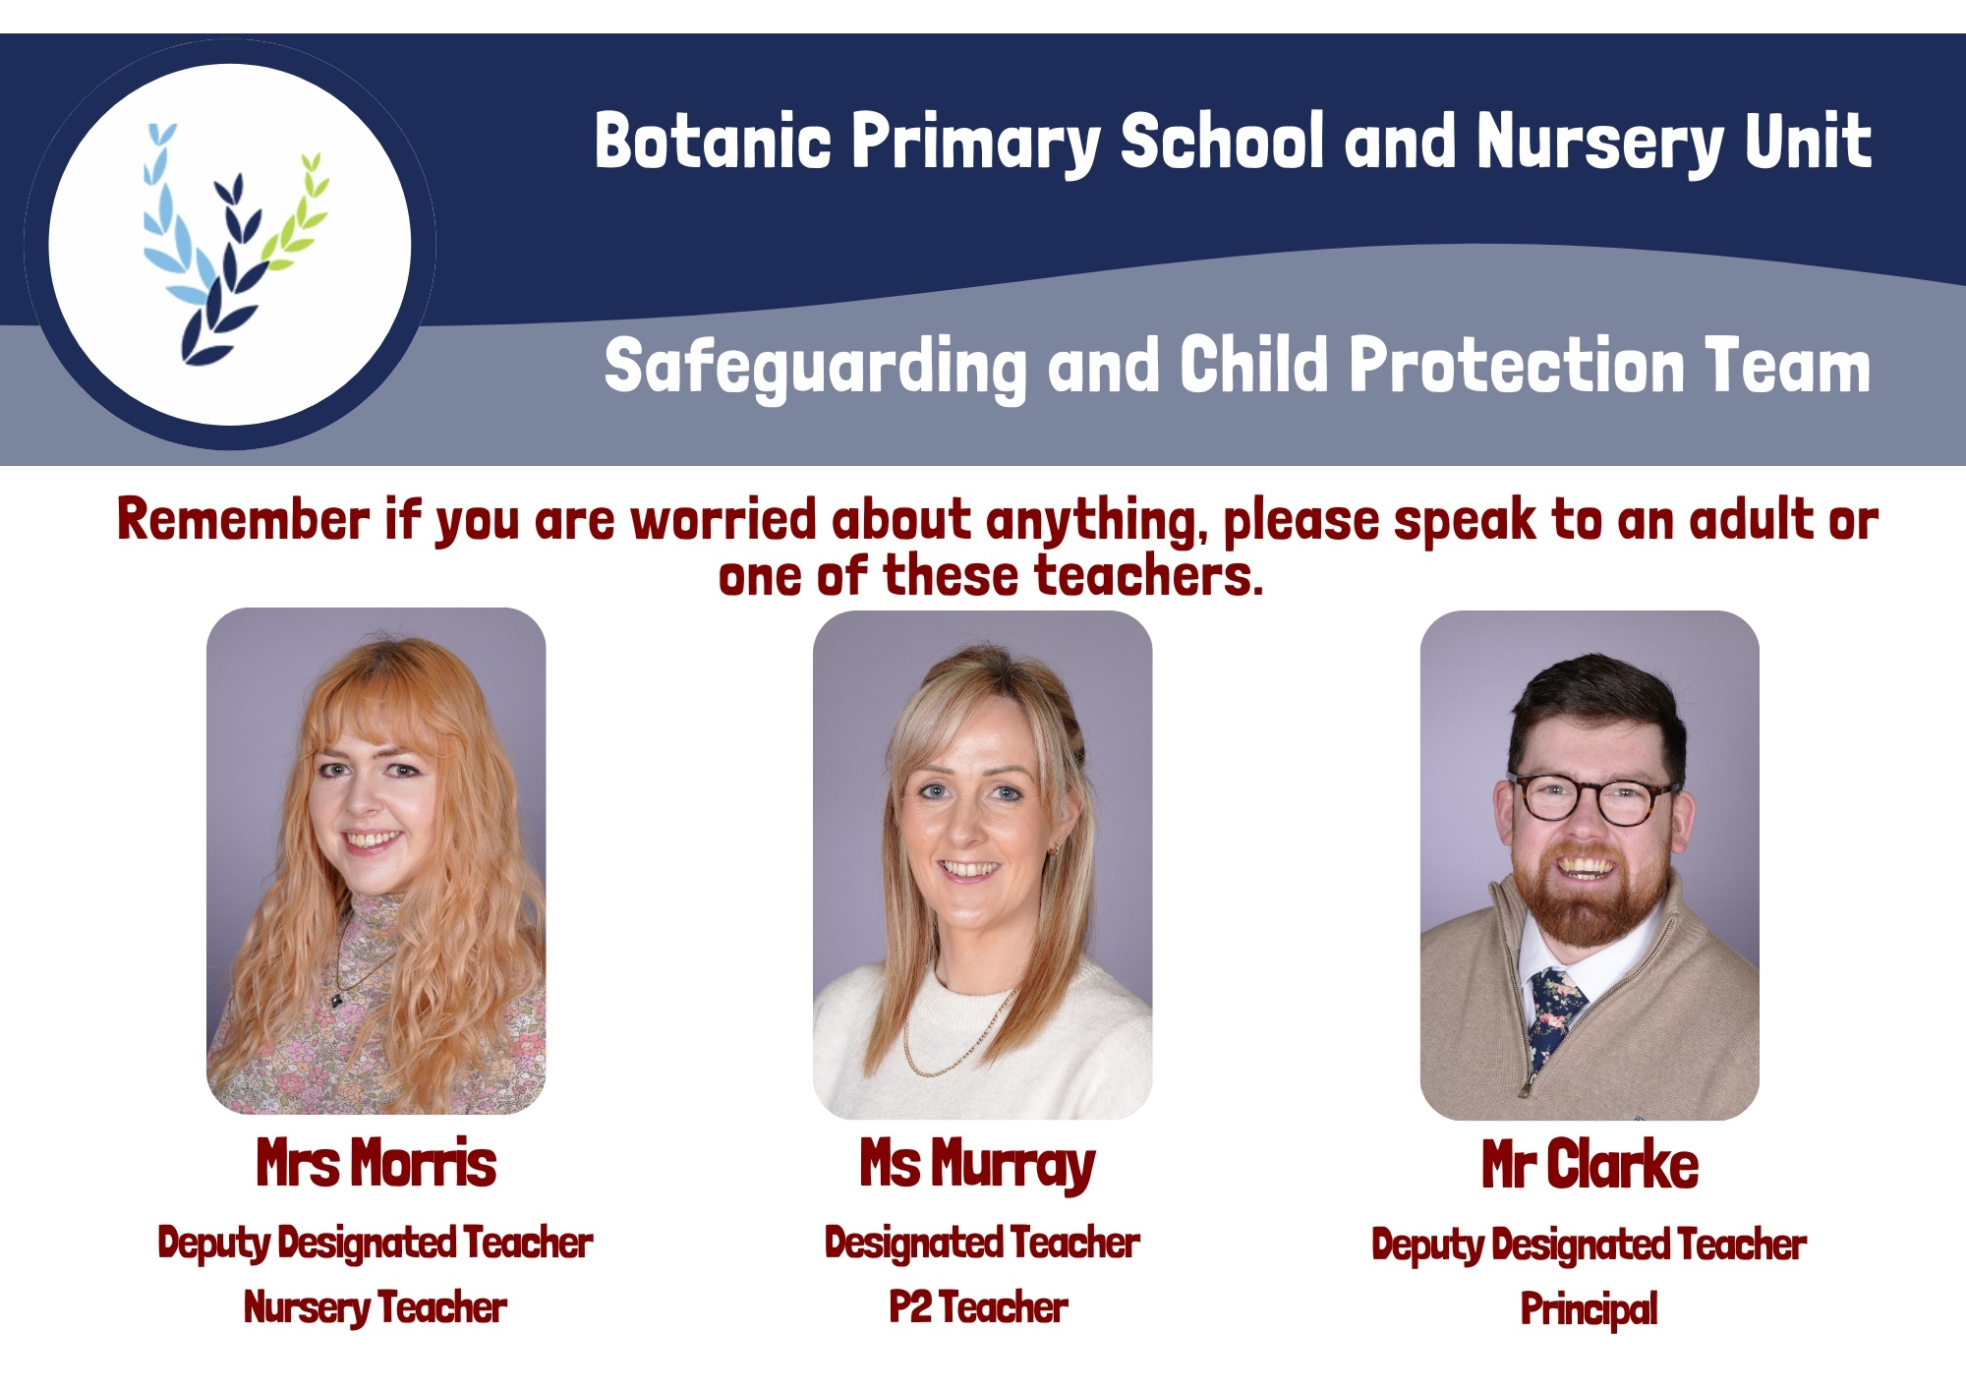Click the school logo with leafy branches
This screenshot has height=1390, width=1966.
(x=230, y=245)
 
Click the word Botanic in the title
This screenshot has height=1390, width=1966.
(x=714, y=141)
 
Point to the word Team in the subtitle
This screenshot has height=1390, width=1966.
(x=1787, y=365)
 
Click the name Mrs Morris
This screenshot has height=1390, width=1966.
(x=376, y=1163)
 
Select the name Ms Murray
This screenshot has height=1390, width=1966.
(x=978, y=1166)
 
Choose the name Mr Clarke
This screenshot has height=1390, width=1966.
(x=1590, y=1164)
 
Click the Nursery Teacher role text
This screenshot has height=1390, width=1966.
(x=376, y=1308)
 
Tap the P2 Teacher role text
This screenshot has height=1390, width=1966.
(x=978, y=1307)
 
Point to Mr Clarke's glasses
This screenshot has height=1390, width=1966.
(x=1594, y=799)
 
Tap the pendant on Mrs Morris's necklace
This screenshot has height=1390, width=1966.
(x=337, y=1001)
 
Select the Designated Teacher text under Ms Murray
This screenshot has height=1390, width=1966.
(x=982, y=1244)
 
